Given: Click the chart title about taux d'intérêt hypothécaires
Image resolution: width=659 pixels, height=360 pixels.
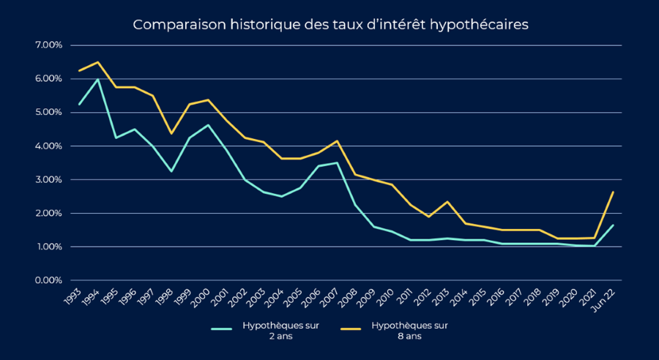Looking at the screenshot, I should (x=329, y=24).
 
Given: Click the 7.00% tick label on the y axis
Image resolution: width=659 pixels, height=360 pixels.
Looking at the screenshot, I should (x=48, y=45).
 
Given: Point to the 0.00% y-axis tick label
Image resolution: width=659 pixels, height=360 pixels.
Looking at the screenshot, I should (x=48, y=280).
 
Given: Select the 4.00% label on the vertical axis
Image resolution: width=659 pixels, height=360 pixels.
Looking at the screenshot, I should (x=48, y=146).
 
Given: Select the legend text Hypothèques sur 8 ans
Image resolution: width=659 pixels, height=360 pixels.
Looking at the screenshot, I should (x=409, y=331).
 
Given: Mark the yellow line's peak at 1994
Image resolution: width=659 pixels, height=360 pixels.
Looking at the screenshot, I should (x=97, y=62).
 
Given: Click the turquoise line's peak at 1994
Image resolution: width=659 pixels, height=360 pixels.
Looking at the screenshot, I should (x=97, y=79).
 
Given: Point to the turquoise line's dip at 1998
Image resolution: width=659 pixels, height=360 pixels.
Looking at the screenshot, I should (x=171, y=171).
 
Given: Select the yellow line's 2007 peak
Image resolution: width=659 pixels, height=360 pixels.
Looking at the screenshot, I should (x=337, y=140).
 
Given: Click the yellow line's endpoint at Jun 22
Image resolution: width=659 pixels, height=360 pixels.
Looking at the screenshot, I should (x=613, y=192).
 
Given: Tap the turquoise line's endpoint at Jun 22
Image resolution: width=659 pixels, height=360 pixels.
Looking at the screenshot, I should (x=613, y=225).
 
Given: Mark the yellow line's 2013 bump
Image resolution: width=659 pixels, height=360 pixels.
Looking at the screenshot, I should (x=447, y=202).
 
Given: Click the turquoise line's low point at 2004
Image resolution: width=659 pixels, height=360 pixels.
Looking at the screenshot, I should (x=282, y=196).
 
